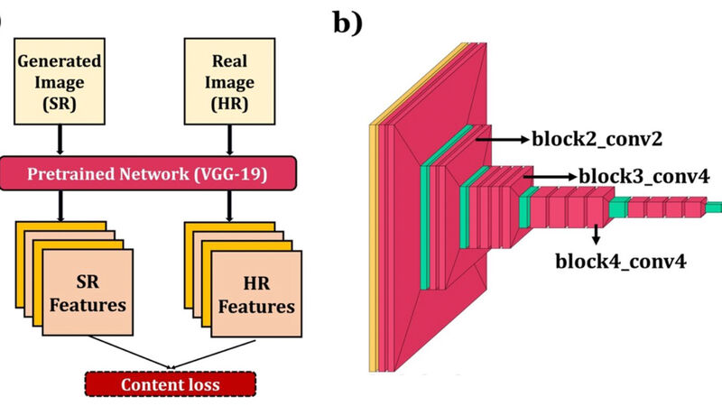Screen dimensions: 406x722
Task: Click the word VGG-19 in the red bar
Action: tap(236, 172)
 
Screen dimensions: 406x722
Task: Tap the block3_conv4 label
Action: tap(643, 177)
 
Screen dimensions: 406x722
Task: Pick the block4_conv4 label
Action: tap(621, 262)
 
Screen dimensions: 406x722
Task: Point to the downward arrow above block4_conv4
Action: tap(597, 234)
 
